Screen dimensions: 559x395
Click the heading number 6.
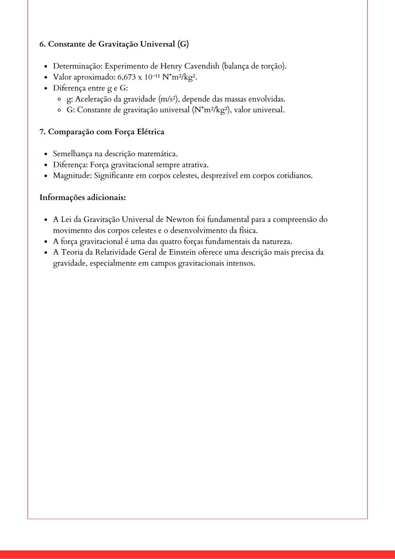pyautogui.click(x=42, y=44)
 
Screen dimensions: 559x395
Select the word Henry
pyautogui.click(x=171, y=66)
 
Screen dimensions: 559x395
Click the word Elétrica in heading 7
pyautogui.click(x=150, y=132)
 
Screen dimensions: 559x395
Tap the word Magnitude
pyautogui.click(x=72, y=176)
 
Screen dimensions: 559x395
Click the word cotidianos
pyautogui.click(x=294, y=176)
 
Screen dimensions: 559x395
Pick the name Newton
pyautogui.click(x=180, y=220)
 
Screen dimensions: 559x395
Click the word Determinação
pyautogui.click(x=78, y=66)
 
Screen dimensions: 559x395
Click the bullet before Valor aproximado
pyautogui.click(x=46, y=78)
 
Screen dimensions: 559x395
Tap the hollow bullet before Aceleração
pyautogui.click(x=59, y=99)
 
